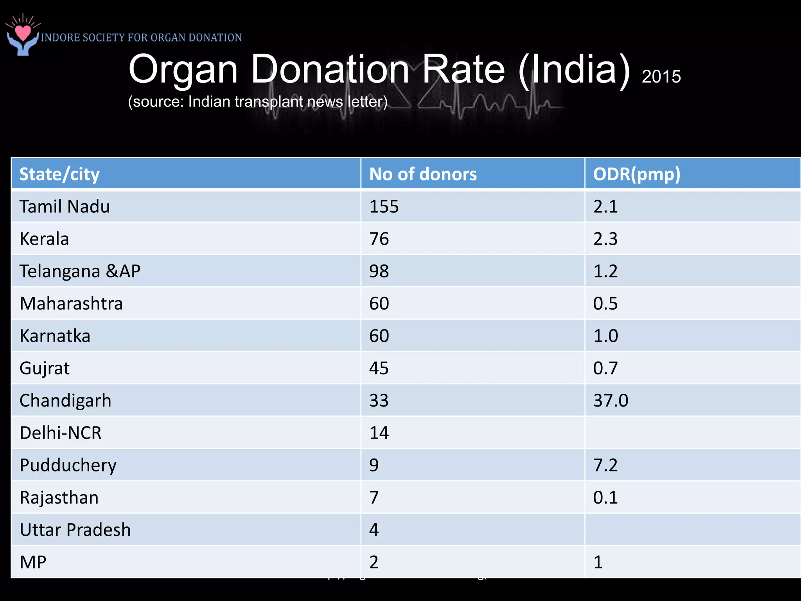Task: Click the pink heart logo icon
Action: coord(23,33)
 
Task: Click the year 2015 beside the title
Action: coord(661,77)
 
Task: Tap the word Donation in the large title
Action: coord(330,69)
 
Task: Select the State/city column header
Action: coord(59,174)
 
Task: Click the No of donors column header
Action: coord(423,174)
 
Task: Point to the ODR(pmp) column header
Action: coord(637,174)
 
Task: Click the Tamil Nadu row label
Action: coord(65,207)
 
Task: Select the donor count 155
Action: coord(384,207)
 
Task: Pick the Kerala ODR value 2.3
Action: coord(605,239)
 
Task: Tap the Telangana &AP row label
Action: coord(80,271)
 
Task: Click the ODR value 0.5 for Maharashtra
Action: coord(605,304)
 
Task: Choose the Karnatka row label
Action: coord(55,336)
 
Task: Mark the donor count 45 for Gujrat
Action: coord(379,368)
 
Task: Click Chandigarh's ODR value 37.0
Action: coord(611,401)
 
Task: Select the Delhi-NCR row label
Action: coord(61,433)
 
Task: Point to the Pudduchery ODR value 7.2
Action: coord(605,465)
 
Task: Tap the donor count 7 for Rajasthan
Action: coord(374,498)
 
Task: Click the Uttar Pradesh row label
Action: coord(75,530)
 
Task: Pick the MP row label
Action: coord(33,562)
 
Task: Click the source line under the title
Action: coord(258,102)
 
